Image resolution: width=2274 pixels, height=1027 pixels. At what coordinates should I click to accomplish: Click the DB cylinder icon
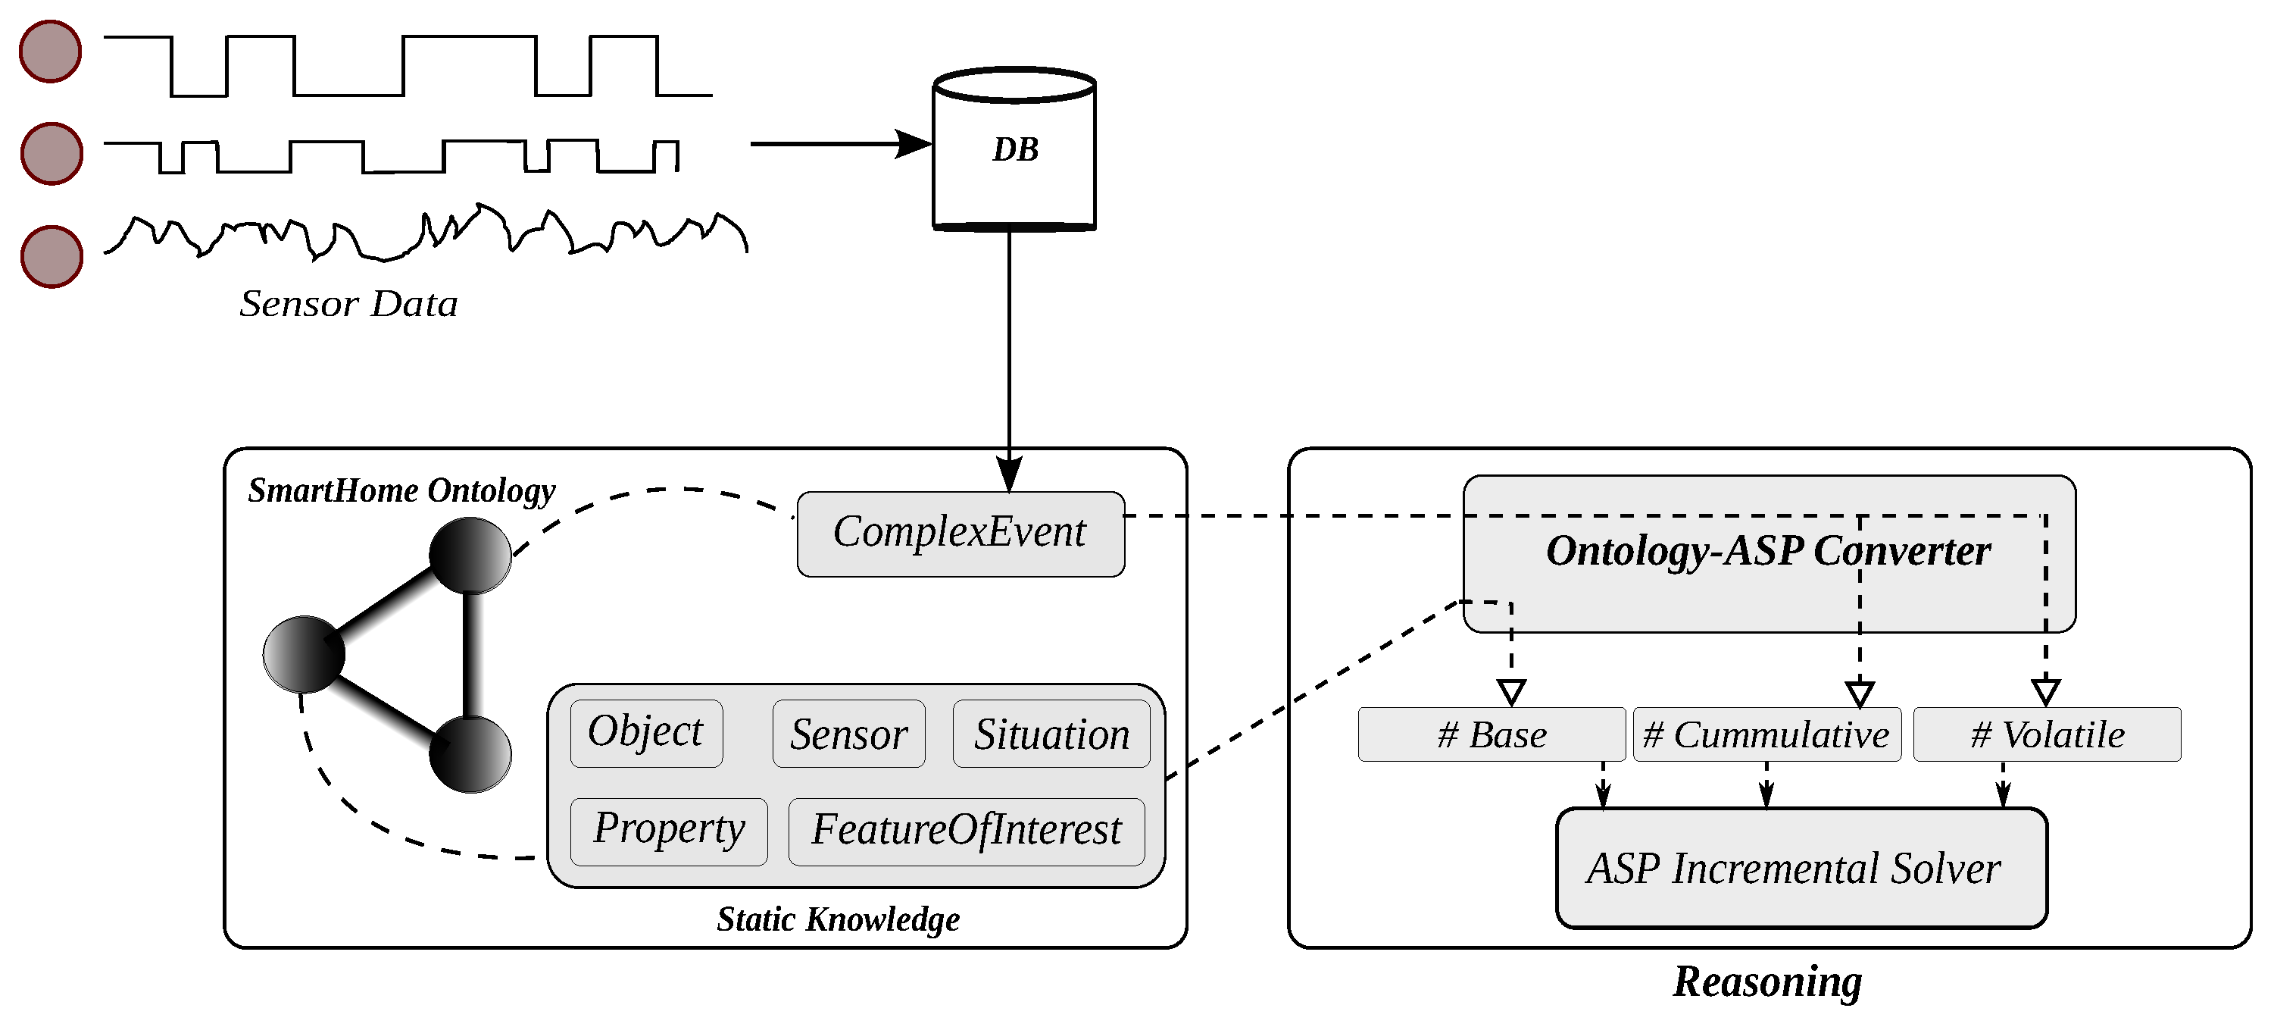(x=1014, y=150)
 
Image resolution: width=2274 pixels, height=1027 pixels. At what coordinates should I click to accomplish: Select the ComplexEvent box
(x=960, y=534)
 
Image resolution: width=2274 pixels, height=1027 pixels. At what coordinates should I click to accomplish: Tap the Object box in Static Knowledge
(x=645, y=733)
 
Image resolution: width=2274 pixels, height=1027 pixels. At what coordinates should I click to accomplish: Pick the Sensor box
(x=848, y=734)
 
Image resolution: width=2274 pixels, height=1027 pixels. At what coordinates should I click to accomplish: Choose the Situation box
(x=1051, y=734)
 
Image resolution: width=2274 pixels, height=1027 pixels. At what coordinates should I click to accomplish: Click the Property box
(x=668, y=830)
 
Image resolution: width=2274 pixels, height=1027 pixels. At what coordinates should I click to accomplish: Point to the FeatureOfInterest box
(x=966, y=831)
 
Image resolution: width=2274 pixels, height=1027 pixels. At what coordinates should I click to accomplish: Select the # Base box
(x=1491, y=734)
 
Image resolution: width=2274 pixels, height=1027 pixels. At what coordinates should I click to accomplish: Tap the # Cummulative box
(x=1766, y=734)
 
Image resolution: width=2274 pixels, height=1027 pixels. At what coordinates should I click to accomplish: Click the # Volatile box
(x=2046, y=734)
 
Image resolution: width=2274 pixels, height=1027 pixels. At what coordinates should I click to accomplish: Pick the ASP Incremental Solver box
(x=1801, y=867)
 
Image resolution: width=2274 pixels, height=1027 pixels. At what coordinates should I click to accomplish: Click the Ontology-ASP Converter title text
(x=1768, y=551)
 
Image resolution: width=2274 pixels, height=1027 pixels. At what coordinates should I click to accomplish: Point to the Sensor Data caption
(x=348, y=304)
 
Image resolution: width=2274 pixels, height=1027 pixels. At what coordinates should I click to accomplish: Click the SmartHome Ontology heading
(x=401, y=490)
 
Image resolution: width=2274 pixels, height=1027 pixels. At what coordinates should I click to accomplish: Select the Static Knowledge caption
(x=838, y=919)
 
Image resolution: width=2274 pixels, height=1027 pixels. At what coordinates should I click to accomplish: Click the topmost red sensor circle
(x=50, y=52)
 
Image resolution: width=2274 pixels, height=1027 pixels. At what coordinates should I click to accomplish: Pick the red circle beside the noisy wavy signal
(x=52, y=257)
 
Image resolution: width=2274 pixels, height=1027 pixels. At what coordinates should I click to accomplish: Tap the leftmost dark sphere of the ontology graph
(x=303, y=654)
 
